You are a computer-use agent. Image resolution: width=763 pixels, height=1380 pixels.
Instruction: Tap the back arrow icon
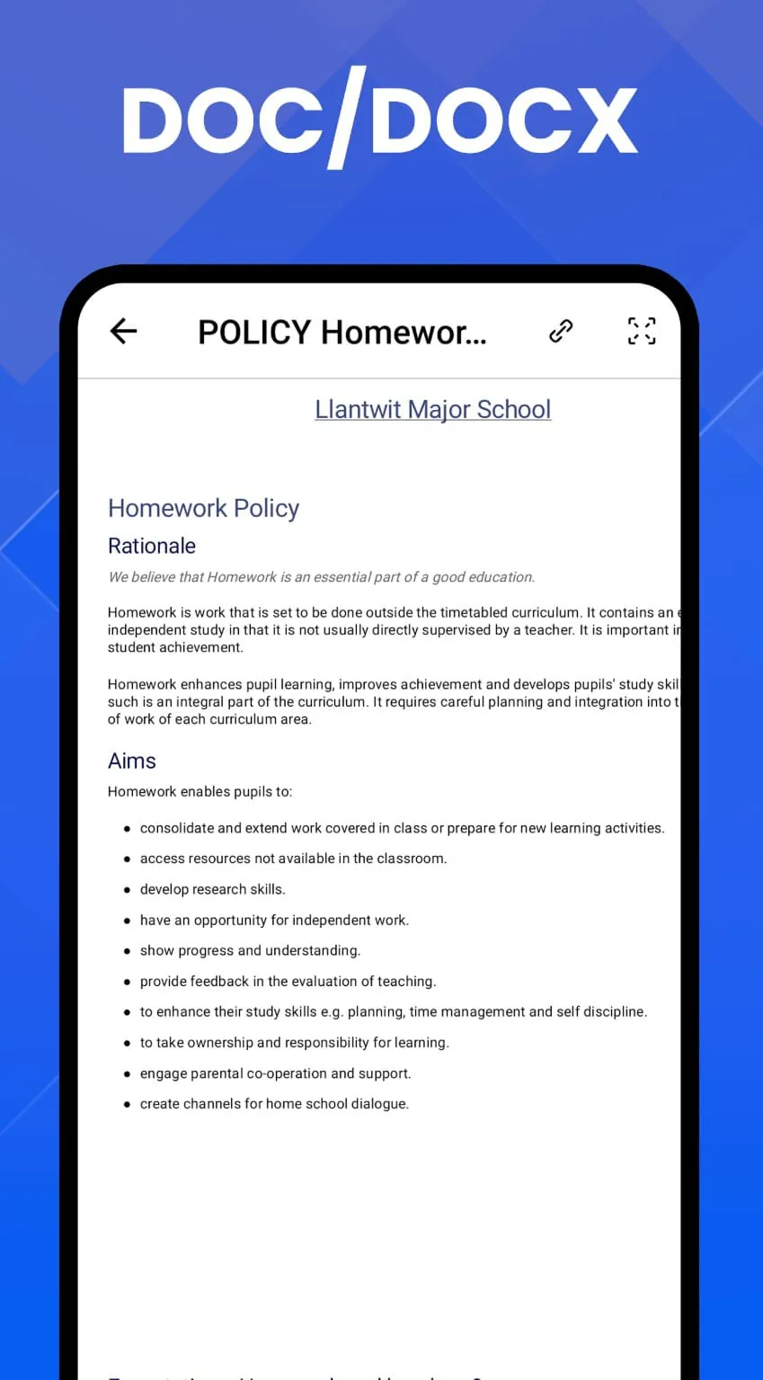pos(123,332)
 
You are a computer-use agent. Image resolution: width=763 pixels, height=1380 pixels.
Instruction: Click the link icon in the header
pos(561,331)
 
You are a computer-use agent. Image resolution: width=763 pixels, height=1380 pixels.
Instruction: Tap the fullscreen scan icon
pos(641,331)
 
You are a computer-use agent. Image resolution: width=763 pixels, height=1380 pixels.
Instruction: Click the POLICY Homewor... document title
pos(342,333)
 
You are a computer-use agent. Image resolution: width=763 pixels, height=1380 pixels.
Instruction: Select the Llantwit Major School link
pos(432,409)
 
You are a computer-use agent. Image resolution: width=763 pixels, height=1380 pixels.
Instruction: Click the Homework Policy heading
pos(203,508)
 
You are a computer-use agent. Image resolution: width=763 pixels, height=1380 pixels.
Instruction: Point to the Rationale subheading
pos(152,546)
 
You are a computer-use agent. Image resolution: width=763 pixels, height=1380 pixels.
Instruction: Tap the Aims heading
pos(132,761)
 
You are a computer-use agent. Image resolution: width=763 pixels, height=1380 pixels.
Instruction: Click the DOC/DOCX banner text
pos(380,120)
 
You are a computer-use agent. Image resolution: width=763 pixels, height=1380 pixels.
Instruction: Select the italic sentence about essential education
pos(321,577)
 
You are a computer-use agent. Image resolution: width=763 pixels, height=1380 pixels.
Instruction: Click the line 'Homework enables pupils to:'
pos(200,792)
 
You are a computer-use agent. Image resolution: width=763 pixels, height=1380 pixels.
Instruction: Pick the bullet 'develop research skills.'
pos(212,889)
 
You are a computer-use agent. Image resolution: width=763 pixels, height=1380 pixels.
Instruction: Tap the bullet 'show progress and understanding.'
pos(250,950)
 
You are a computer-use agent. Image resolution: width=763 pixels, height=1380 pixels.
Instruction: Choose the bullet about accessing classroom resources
pos(293,859)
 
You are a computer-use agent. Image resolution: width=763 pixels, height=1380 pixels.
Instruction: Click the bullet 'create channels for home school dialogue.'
pos(274,1103)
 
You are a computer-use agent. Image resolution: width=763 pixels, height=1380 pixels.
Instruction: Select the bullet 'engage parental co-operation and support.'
pos(275,1073)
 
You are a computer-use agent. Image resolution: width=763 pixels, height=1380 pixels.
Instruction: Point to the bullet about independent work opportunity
pos(274,920)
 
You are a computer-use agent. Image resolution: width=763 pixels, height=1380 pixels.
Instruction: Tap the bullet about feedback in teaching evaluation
pos(288,981)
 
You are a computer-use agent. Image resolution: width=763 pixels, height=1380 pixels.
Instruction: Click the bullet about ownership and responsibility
pos(294,1042)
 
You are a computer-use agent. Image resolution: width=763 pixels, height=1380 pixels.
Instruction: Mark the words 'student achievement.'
pos(175,647)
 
